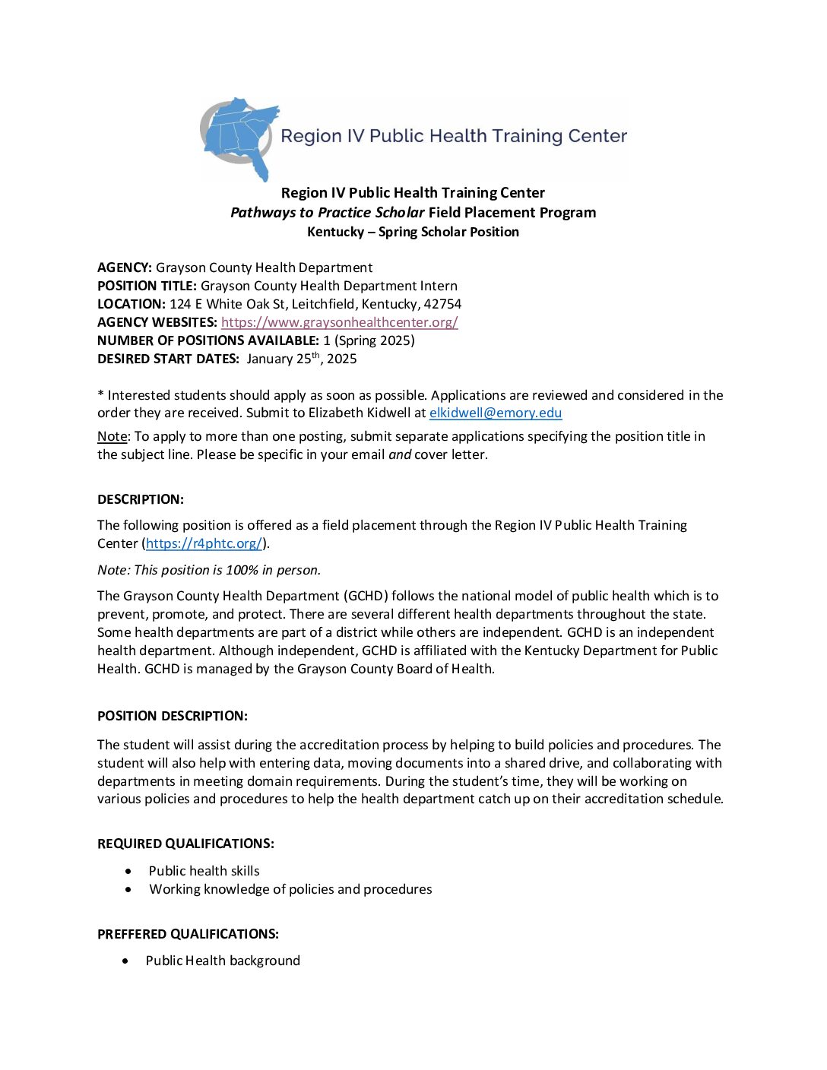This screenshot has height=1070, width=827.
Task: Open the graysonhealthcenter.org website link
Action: point(339,322)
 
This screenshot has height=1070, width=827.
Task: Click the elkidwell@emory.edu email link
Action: point(495,413)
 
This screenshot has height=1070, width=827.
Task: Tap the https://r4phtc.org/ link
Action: point(204,543)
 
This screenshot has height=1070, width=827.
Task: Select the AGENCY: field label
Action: point(125,267)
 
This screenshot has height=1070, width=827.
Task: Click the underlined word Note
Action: point(112,436)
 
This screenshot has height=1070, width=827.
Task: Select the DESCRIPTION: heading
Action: point(141,499)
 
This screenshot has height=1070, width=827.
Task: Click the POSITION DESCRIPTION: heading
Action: point(173,716)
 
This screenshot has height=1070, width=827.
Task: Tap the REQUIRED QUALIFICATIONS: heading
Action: point(185,844)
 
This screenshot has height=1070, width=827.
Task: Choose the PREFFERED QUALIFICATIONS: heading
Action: point(188,934)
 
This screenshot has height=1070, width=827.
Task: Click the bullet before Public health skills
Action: point(128,871)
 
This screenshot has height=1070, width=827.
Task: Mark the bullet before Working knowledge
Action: point(128,889)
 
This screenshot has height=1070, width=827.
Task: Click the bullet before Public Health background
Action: point(125,961)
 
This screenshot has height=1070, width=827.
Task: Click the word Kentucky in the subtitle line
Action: point(335,232)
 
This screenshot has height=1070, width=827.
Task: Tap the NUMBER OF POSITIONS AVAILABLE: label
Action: point(208,340)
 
